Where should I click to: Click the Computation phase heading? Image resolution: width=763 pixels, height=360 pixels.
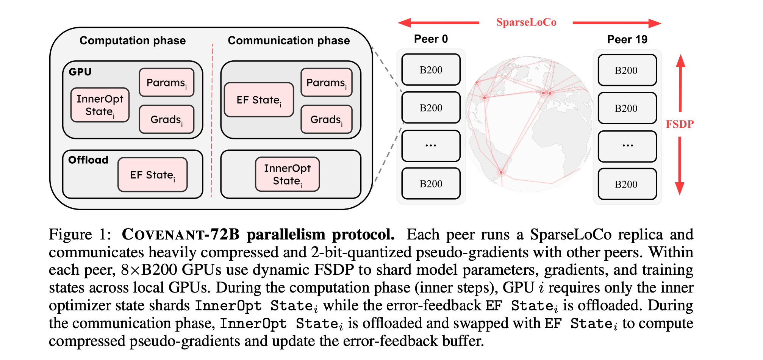(133, 41)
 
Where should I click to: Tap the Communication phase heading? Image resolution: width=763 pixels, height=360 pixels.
(289, 41)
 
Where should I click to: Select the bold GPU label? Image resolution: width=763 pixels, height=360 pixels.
(80, 72)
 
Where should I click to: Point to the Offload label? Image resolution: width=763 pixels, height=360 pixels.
(88, 160)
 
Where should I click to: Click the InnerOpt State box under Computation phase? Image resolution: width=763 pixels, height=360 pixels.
(100, 105)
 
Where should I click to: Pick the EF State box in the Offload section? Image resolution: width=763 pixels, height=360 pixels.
(153, 175)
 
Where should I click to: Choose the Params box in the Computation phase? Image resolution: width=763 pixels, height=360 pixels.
(167, 83)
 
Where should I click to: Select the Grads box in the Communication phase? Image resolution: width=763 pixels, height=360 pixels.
(327, 120)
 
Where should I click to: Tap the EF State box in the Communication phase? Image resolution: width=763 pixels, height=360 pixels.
(259, 100)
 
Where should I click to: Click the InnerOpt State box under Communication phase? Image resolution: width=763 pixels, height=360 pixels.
(288, 174)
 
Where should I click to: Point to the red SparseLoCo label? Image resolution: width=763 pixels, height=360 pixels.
(526, 22)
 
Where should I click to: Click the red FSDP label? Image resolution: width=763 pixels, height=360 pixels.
(680, 124)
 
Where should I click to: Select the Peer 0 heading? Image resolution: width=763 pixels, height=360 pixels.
(431, 39)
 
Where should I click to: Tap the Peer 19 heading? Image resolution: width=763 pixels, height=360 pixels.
(627, 39)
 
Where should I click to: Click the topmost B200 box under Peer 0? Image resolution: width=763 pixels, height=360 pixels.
(431, 70)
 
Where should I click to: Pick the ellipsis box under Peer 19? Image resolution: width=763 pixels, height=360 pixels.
(627, 146)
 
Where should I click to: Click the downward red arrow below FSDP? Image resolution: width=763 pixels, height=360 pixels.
(680, 167)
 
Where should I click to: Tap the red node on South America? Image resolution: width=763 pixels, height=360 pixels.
(501, 172)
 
